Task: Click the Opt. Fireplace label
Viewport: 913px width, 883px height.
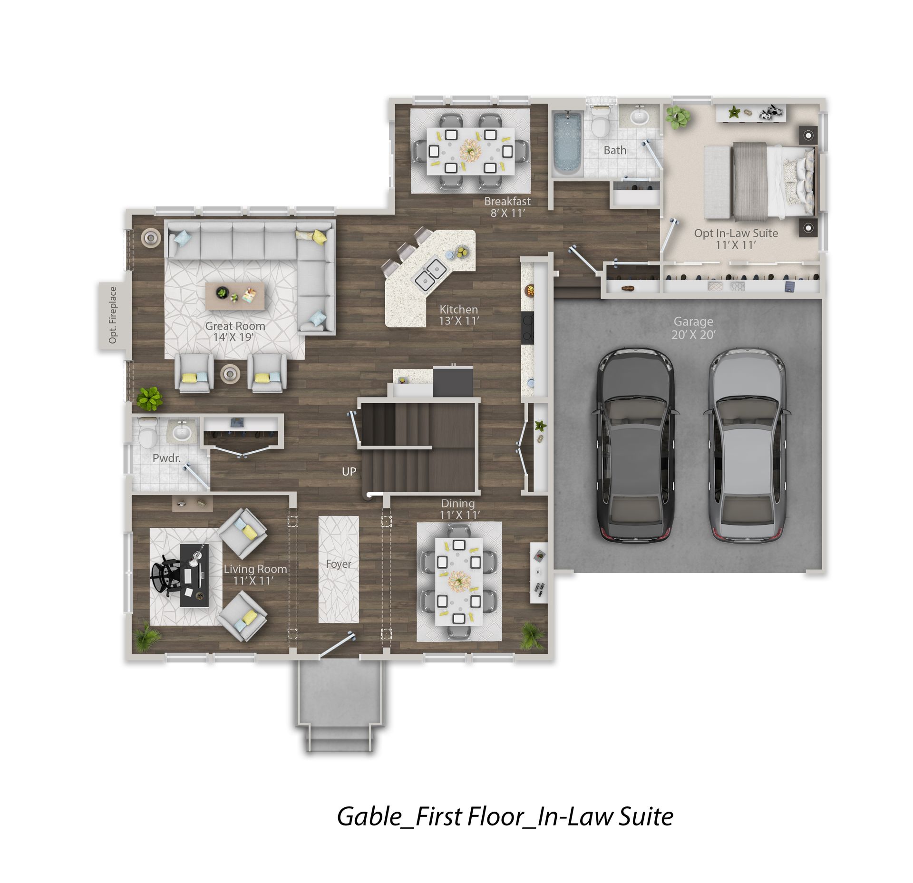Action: [113, 315]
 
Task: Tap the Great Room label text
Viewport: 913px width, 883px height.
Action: [235, 326]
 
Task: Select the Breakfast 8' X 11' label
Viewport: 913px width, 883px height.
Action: [507, 207]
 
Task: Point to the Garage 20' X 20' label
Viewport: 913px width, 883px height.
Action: [693, 328]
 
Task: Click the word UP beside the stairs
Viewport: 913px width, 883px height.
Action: [349, 472]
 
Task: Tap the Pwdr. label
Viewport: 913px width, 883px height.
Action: [166, 458]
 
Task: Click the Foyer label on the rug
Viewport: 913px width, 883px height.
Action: [339, 564]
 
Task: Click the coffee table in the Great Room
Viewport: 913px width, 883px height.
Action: [235, 296]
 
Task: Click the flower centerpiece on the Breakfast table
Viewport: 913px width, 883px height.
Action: [470, 150]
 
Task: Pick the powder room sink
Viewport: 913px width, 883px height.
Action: [181, 432]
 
